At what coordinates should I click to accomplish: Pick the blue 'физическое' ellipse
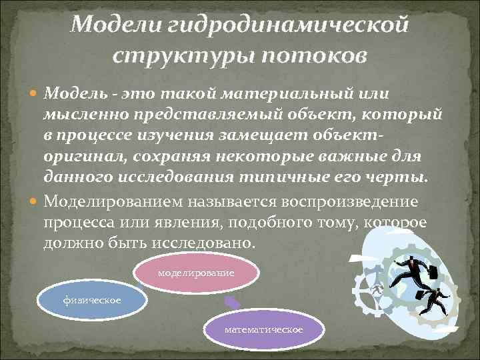(93, 301)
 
